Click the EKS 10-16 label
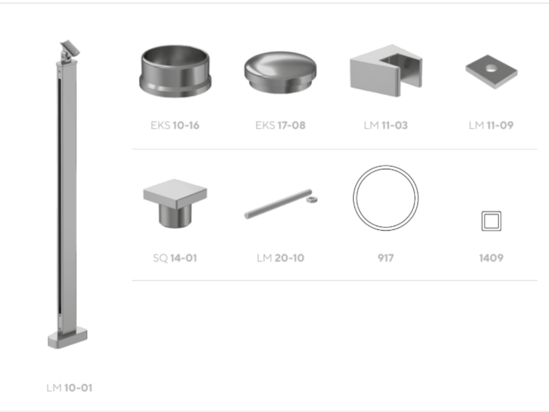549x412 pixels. coord(175,125)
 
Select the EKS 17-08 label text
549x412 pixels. coord(280,125)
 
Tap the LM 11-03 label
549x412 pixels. coord(386,125)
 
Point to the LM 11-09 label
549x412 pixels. coord(491,125)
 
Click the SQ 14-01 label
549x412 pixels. coord(175,258)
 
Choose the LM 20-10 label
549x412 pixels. coord(280,258)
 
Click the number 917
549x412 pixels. coord(386,258)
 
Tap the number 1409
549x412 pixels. coord(491,258)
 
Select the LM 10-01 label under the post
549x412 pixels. coord(69,388)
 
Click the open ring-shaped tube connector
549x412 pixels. coord(175,71)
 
